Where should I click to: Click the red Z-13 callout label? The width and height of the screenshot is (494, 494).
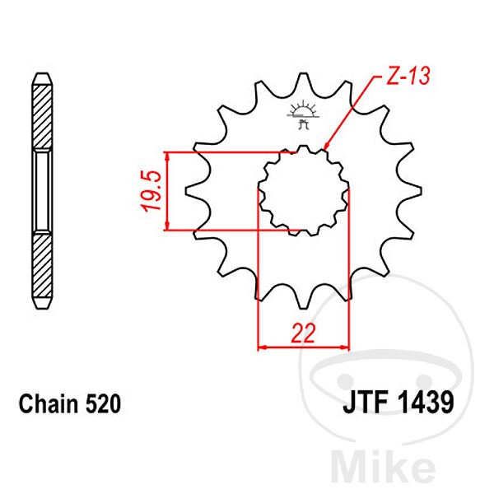tap(408, 76)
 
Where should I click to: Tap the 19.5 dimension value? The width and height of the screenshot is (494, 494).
tap(152, 191)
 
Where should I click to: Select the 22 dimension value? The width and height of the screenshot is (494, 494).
tap(303, 333)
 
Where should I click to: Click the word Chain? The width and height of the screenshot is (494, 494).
tap(49, 404)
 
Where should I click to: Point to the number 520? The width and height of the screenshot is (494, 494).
tap(103, 404)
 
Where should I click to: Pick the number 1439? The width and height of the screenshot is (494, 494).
tap(426, 403)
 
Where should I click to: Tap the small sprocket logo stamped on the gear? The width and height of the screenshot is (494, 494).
tap(303, 114)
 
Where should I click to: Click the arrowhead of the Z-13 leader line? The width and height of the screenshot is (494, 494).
tap(326, 146)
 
